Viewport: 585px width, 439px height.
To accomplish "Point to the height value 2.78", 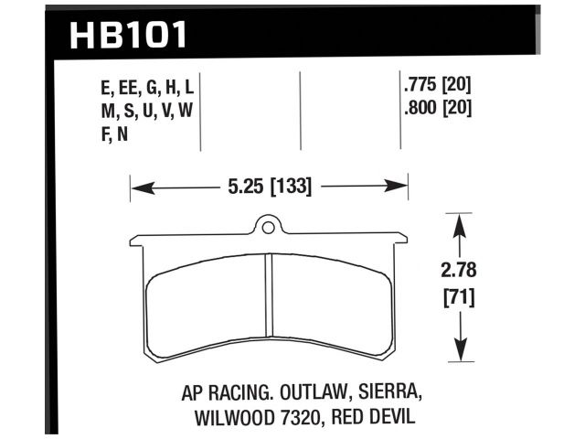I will (x=460, y=272).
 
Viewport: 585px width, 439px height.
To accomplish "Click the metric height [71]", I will (x=460, y=297).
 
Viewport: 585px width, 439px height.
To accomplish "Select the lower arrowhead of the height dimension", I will (x=460, y=357).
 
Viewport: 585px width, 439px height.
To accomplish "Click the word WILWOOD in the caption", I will (x=232, y=418).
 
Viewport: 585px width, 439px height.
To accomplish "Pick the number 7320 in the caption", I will (x=303, y=418).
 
